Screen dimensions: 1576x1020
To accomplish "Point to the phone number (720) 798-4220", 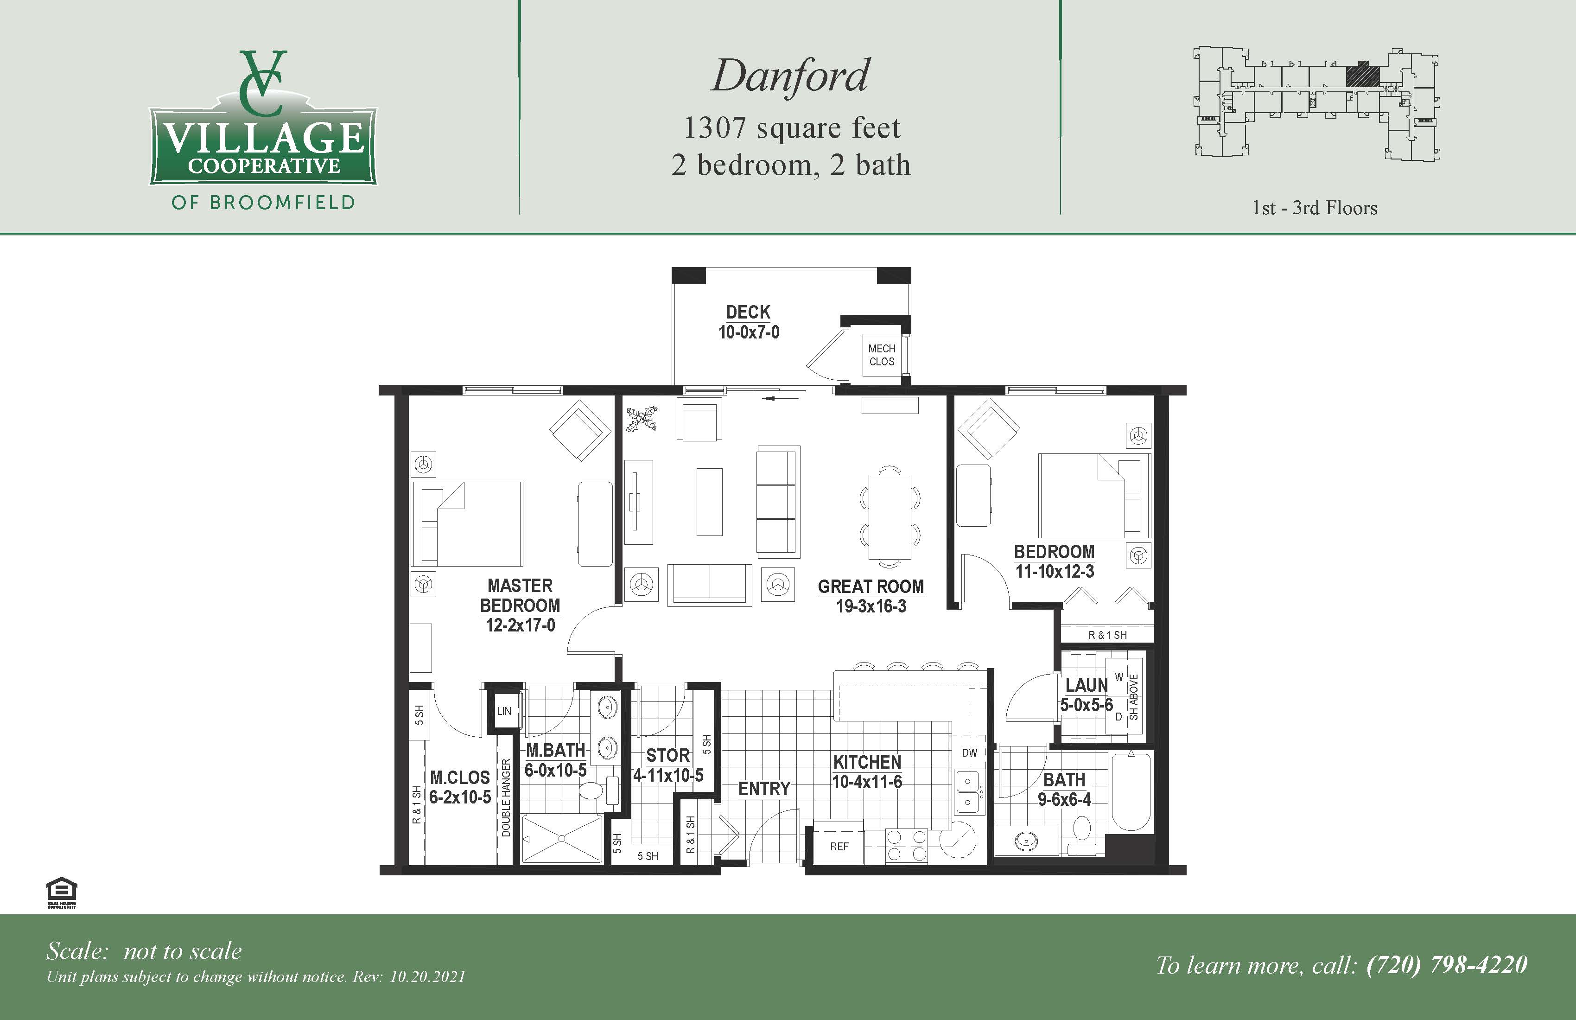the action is [1447, 965].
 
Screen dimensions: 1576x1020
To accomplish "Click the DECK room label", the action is [748, 312].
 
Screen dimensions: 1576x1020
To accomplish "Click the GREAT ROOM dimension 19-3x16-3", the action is [871, 606].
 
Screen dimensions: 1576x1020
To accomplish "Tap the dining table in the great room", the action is [890, 516].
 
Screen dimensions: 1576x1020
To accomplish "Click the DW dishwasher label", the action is [969, 753].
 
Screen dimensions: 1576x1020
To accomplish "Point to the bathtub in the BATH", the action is [1131, 791].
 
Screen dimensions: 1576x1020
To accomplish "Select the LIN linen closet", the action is [504, 711].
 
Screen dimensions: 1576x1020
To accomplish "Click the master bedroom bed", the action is [467, 524].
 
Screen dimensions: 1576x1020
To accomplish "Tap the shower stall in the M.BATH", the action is [561, 839].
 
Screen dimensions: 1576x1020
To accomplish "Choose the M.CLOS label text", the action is [459, 778].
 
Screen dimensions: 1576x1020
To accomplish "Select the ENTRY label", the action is [764, 789].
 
